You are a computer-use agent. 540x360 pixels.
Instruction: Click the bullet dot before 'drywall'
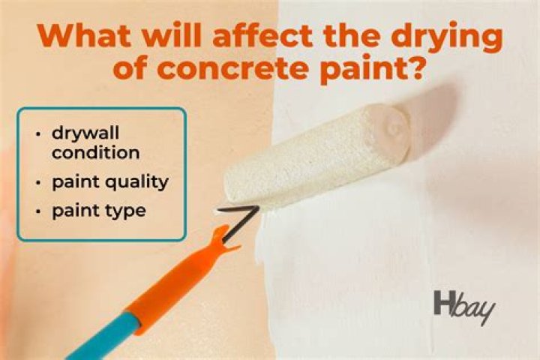tap(38, 134)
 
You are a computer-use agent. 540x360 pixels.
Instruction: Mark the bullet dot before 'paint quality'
tap(38, 181)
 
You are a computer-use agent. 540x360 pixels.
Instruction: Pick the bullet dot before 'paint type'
tap(38, 211)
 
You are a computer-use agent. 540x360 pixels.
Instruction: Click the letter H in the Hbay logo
tap(442, 303)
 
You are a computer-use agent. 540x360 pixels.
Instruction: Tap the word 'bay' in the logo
tap(472, 307)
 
